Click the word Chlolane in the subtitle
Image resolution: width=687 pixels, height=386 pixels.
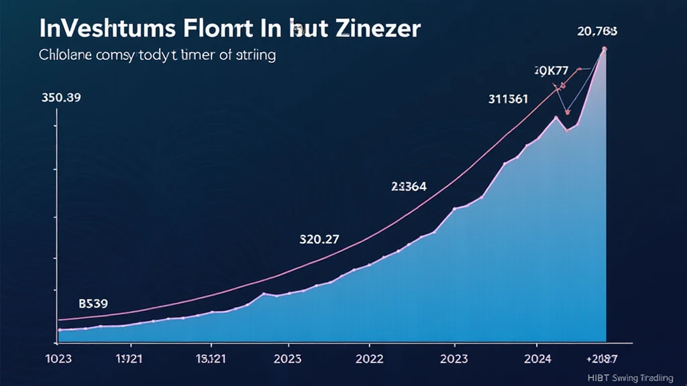(x=62, y=56)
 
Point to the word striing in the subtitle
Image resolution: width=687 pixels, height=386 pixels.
(x=254, y=56)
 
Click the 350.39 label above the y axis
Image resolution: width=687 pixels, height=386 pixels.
(x=61, y=98)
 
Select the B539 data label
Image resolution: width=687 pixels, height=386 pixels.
(x=93, y=304)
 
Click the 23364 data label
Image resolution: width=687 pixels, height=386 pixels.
(x=409, y=186)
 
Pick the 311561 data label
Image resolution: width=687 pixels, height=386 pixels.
(x=507, y=99)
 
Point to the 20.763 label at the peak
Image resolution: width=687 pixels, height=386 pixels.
(x=598, y=31)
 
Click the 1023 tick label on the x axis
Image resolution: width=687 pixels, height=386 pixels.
(x=58, y=359)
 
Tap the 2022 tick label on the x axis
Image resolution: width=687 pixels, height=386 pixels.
(x=369, y=359)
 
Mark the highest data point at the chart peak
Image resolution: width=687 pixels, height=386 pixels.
(x=604, y=49)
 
